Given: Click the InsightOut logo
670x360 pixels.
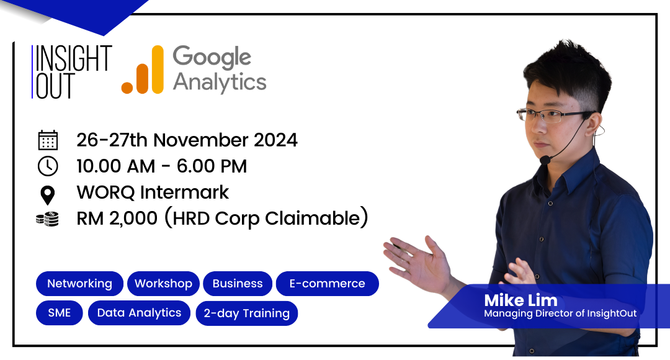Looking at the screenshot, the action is [72, 72].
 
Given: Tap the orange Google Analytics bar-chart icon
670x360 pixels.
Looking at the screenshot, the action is [143, 70].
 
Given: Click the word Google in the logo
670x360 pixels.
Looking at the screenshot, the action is [212, 58].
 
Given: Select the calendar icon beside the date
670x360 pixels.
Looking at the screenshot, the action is [48, 140].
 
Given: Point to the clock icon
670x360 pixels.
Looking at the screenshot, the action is [48, 166].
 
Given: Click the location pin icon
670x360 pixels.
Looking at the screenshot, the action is [47, 196].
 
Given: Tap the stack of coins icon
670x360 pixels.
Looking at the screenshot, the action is [47, 218].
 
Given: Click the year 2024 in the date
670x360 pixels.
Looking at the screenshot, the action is [275, 140].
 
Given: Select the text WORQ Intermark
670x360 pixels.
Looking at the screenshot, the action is [153, 192].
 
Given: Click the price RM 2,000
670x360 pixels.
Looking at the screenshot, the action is [117, 218].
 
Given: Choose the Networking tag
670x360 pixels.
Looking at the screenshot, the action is [79, 284].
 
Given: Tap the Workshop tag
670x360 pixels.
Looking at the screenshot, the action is [163, 284].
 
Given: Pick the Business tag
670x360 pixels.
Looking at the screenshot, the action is [238, 284].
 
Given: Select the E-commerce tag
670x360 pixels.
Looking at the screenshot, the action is [328, 284].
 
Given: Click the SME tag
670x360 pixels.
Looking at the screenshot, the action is [60, 313].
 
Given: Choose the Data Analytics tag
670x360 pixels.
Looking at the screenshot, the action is [140, 313].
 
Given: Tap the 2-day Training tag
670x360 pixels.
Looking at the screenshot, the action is [246, 313].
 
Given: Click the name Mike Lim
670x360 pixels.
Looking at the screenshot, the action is [521, 300].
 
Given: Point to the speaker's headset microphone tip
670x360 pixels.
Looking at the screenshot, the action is [545, 160].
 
